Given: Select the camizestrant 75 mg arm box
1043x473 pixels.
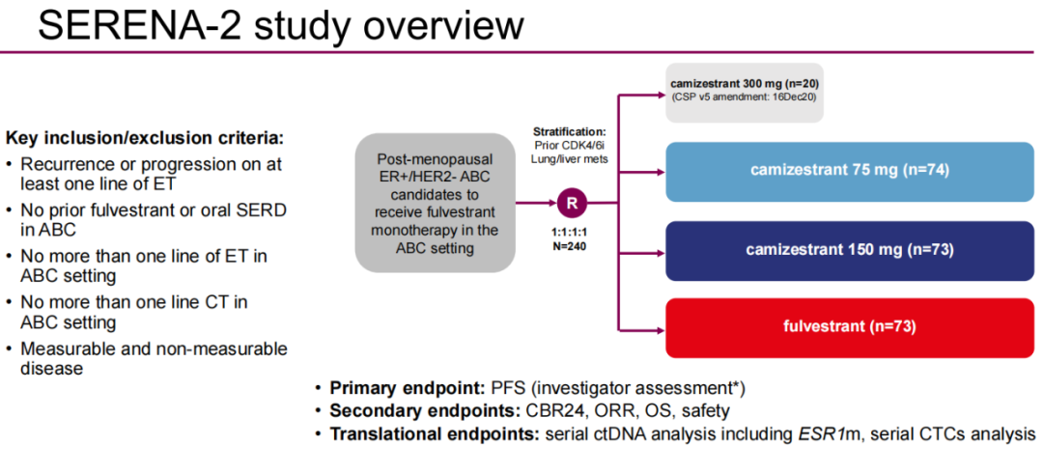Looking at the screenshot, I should click(x=850, y=171).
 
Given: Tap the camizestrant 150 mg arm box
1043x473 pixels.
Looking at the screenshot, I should click(x=850, y=249).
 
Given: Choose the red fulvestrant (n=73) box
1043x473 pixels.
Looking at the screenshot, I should click(x=850, y=327).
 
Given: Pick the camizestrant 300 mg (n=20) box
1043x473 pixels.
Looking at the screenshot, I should click(x=745, y=92).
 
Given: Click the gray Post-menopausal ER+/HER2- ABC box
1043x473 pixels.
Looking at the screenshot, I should click(x=434, y=203).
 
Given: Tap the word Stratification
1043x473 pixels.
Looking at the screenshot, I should click(x=570, y=131).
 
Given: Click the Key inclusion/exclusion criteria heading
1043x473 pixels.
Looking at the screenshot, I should click(x=145, y=138).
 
